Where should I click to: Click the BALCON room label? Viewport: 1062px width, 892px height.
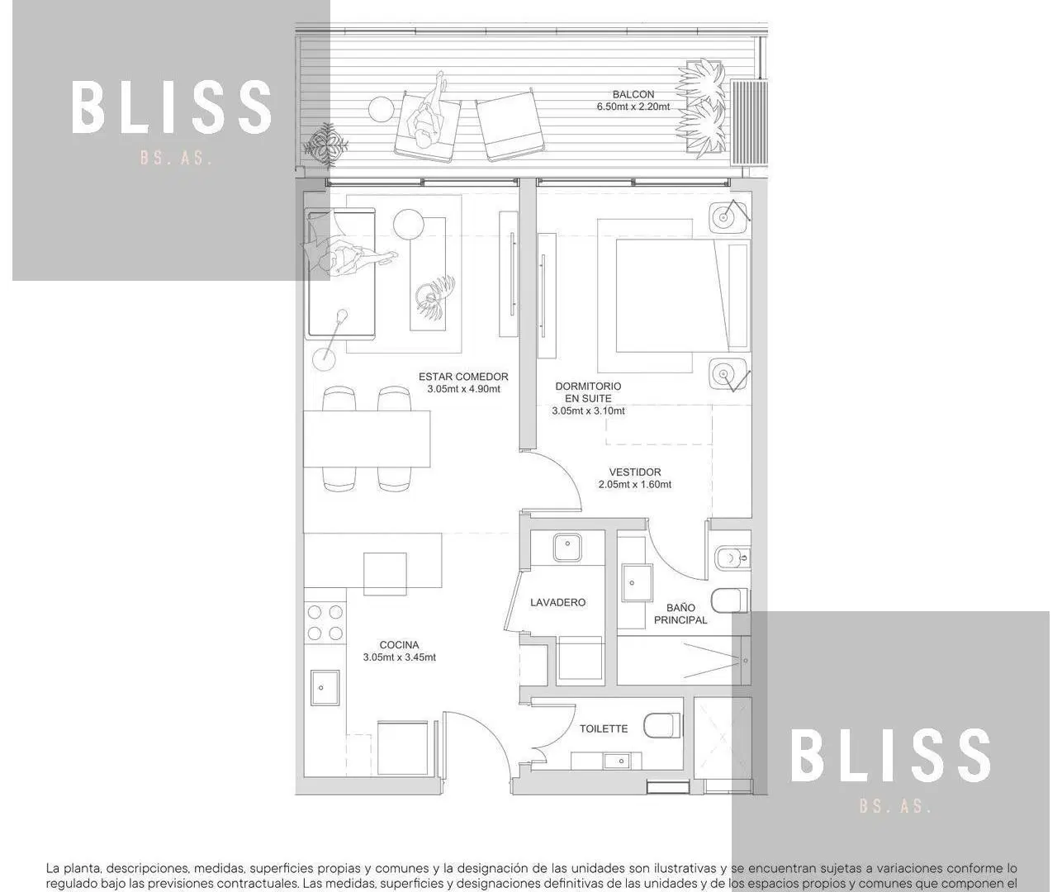tap(633, 94)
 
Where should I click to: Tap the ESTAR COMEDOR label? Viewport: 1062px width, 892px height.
tap(463, 377)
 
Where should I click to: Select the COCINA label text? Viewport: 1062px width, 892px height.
tap(399, 645)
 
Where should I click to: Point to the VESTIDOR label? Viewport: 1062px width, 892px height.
tap(635, 472)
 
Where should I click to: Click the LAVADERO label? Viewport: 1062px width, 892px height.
tap(557, 602)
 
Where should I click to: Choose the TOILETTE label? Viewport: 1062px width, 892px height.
tap(604, 728)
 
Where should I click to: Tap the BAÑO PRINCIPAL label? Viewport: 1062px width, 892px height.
tap(680, 614)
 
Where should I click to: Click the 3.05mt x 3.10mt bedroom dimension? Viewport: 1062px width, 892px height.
tap(589, 410)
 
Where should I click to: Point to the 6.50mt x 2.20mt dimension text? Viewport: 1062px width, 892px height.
tap(633, 107)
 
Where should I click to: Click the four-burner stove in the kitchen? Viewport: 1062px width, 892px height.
tap(325, 622)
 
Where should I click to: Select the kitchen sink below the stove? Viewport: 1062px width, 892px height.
tap(325, 687)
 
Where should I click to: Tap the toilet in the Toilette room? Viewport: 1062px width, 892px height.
tap(662, 725)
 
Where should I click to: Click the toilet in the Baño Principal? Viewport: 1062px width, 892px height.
tap(731, 600)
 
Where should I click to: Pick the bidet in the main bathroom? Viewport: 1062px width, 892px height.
tap(732, 558)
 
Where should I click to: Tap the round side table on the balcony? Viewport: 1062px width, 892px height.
tap(381, 108)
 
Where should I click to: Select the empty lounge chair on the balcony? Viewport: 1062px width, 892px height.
tap(508, 125)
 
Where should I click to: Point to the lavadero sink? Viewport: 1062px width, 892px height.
tap(567, 547)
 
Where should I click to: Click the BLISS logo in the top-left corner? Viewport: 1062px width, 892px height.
tap(172, 108)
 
